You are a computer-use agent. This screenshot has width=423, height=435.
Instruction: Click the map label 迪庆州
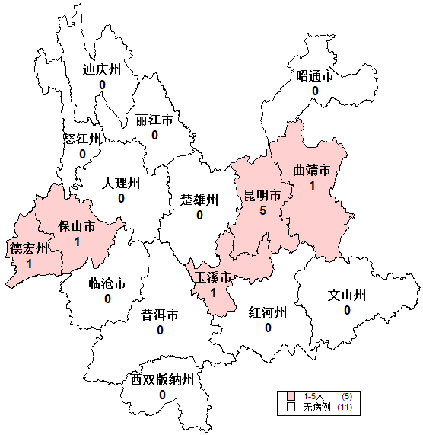pos(102,69)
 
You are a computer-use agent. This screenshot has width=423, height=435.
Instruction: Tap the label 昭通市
pos(315,76)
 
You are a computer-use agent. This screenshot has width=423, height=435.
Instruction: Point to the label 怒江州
pos(82,139)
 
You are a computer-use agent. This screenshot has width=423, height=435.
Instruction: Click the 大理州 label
pos(121,184)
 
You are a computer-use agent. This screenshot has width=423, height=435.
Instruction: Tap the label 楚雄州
pos(199,200)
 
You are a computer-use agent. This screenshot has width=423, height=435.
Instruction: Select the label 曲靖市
pos(312,170)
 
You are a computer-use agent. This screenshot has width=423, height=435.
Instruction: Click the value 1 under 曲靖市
pos(312,184)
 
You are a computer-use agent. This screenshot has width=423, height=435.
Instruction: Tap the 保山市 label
pos(77,226)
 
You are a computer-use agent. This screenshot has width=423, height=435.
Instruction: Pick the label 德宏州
pos(29,249)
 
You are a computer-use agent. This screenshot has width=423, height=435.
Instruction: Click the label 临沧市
pos(107,284)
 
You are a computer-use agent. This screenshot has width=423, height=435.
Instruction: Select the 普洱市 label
pos(160,315)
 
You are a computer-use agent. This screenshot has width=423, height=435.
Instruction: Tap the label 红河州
pos(268,312)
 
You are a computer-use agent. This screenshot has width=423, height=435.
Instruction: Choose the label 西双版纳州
pos(162,379)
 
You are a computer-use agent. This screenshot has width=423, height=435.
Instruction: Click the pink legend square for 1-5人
pos(291,397)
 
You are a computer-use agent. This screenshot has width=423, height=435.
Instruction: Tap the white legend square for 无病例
pos(291,408)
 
